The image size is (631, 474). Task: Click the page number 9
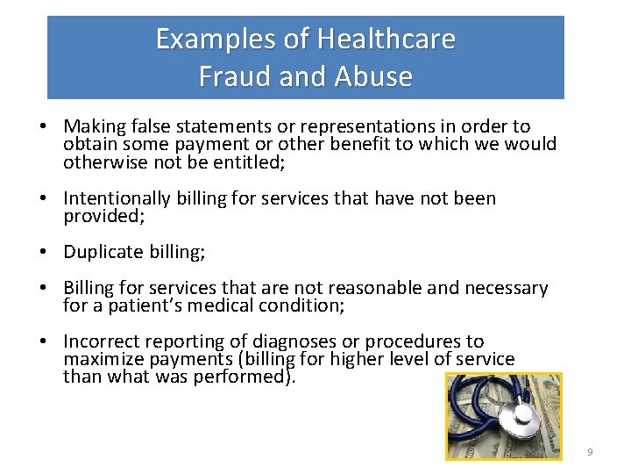click(x=590, y=451)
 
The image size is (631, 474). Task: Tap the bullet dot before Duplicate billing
click(x=43, y=253)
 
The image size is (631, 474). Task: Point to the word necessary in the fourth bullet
click(x=506, y=289)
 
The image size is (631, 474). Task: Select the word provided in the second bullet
click(x=102, y=217)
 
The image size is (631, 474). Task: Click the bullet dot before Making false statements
click(x=43, y=127)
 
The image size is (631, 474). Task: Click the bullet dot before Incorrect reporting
click(x=43, y=342)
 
